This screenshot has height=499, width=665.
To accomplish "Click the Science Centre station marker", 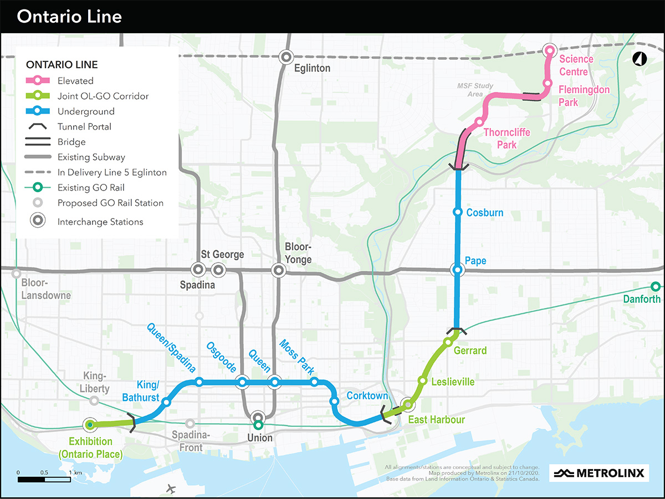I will pos(550,50).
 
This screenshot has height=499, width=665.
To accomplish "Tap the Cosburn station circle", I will pos(458,212).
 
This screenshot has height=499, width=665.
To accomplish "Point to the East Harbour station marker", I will pos(408,404).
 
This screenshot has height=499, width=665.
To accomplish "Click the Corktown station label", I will pos(367,396).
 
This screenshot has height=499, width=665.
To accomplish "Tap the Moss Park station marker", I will pos(314,382).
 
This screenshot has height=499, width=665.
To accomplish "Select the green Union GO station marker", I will pos(258,425).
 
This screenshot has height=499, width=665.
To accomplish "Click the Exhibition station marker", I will pos(90,425).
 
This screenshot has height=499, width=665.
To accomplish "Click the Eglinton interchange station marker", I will pos(286,56).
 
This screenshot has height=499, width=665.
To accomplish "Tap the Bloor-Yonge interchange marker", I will pos(278,270).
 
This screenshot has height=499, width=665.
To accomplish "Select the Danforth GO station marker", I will pos(655,287).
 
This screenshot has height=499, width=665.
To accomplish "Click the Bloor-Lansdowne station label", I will pos(46,289).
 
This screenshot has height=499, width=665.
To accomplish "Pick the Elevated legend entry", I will pos(75,80).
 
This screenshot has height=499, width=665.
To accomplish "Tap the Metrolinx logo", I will pos(600,473).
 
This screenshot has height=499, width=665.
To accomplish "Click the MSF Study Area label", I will pos(470,90).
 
